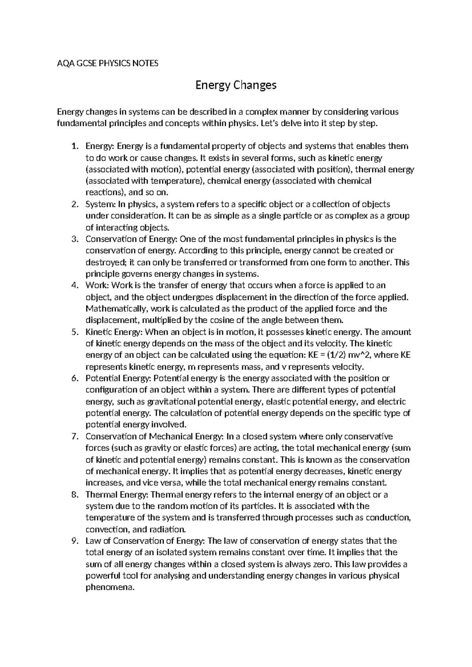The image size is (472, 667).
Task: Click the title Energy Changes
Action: [236, 85]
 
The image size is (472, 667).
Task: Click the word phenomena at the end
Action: [109, 588]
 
